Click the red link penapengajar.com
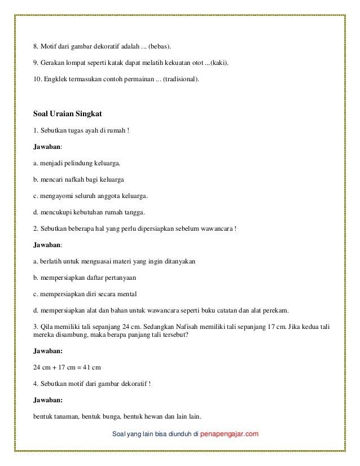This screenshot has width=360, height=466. tap(226, 434)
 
